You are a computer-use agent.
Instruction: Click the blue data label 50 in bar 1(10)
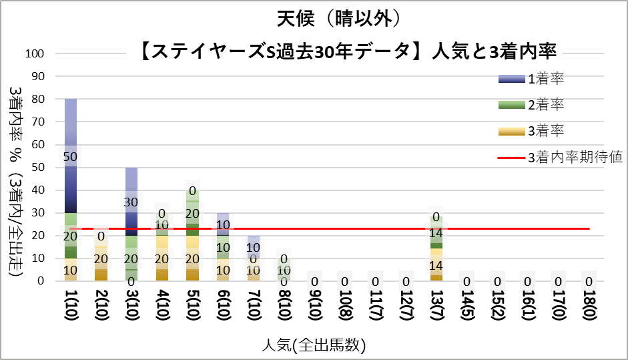point(70,156)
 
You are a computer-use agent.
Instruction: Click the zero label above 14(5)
point(467,282)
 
